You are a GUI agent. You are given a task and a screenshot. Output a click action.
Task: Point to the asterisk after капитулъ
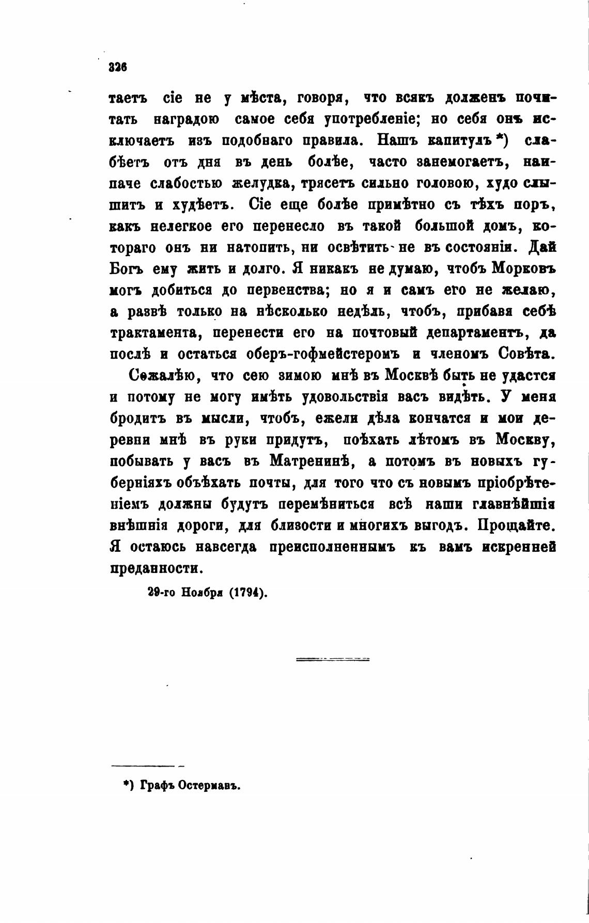tap(499, 138)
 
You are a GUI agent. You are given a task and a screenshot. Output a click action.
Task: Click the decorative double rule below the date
tap(333, 659)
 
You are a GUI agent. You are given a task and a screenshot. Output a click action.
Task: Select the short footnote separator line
tap(147, 766)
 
